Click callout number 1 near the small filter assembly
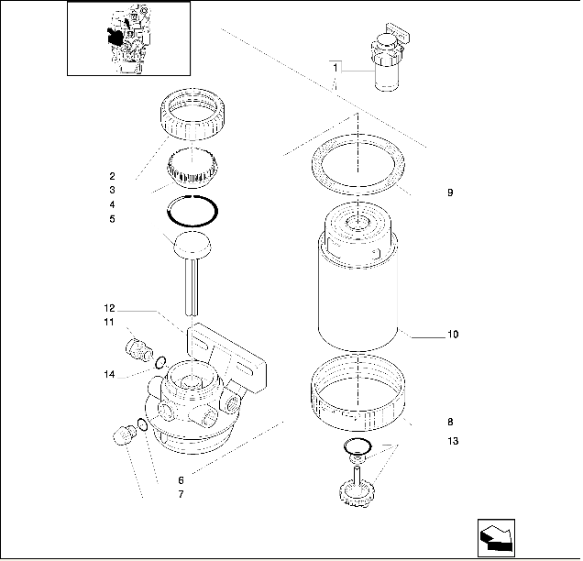point(335,69)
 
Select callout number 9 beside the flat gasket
point(450,192)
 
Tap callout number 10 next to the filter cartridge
point(452,335)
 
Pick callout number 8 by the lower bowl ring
point(450,423)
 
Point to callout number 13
point(452,442)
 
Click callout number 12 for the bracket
point(109,308)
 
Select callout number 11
point(109,323)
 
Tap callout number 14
point(109,374)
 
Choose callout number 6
point(181,480)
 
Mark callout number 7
point(181,495)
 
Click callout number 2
point(112,175)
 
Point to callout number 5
point(112,219)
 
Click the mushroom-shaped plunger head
point(191,246)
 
